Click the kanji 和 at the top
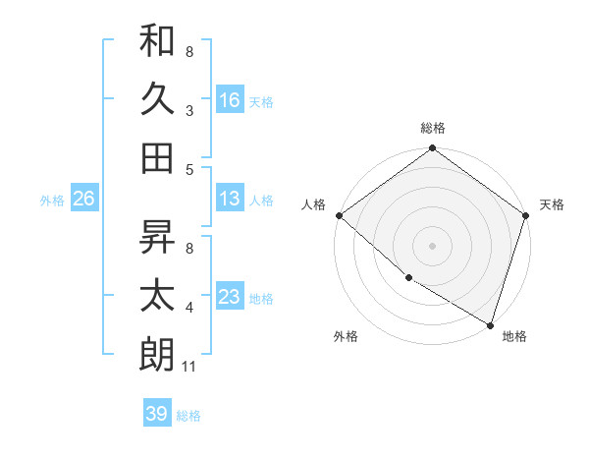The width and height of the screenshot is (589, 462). [158, 41]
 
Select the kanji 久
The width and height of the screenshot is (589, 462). [158, 99]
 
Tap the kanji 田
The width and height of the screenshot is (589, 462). [158, 157]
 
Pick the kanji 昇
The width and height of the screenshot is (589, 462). [158, 237]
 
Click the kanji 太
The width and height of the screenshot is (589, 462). [158, 296]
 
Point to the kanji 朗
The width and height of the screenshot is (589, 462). [158, 354]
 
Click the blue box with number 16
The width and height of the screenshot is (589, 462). [230, 99]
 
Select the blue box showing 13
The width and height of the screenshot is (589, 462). [230, 199]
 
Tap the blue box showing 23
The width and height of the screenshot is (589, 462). [230, 297]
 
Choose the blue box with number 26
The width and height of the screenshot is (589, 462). [83, 199]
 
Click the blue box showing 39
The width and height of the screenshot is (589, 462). [156, 414]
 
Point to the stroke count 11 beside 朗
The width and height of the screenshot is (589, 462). [190, 367]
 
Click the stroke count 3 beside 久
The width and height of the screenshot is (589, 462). [188, 112]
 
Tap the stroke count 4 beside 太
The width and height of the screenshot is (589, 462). [188, 309]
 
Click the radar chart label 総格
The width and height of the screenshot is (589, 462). [433, 128]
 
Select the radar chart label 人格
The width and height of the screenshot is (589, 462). [313, 204]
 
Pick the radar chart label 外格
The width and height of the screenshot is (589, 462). [345, 336]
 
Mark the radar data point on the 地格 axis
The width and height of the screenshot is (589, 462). [490, 324]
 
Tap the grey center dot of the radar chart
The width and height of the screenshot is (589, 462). [433, 246]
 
